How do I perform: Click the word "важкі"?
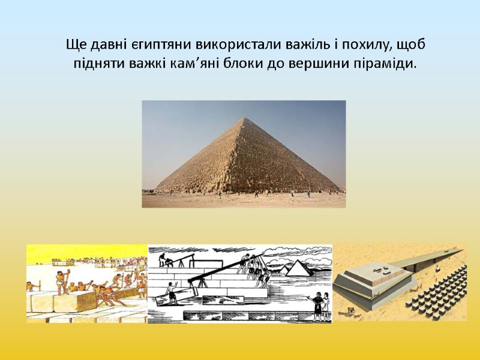pos(143,64)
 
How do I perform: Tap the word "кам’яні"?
pos(192,64)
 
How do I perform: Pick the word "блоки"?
pos(242,64)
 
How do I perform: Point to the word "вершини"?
pos(314,64)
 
